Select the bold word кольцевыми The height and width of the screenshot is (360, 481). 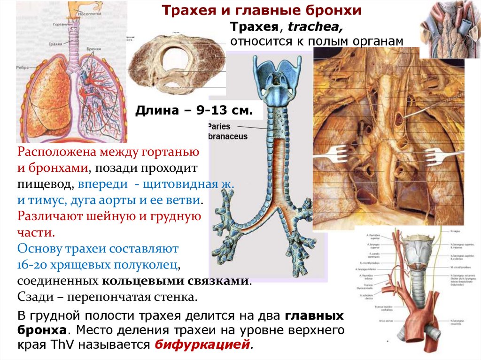click(x=136, y=281)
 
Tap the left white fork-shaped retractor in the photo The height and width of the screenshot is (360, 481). click(x=339, y=151)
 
